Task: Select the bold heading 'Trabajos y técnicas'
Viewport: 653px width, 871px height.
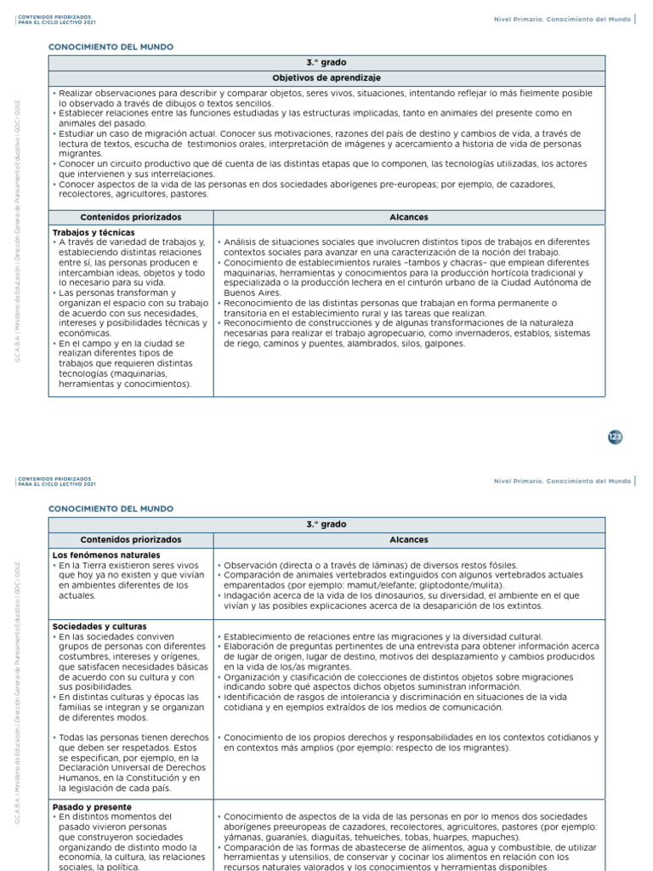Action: point(93,232)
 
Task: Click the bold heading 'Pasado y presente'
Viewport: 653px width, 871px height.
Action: point(92,806)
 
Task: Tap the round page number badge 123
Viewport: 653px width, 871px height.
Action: point(616,436)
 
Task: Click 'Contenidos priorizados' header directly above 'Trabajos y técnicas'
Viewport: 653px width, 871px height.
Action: point(130,217)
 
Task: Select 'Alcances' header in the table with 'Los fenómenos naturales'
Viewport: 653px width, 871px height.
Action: point(409,540)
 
